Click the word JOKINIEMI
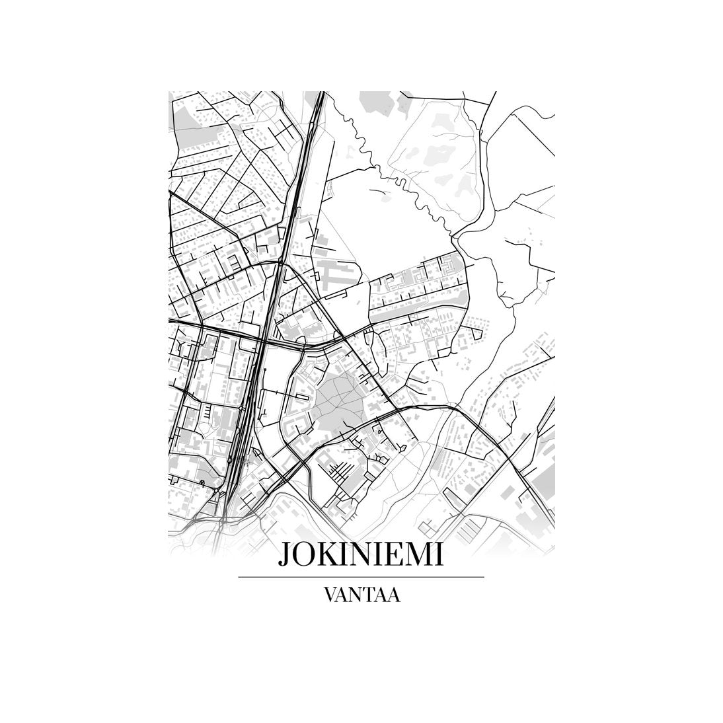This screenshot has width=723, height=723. (361, 554)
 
